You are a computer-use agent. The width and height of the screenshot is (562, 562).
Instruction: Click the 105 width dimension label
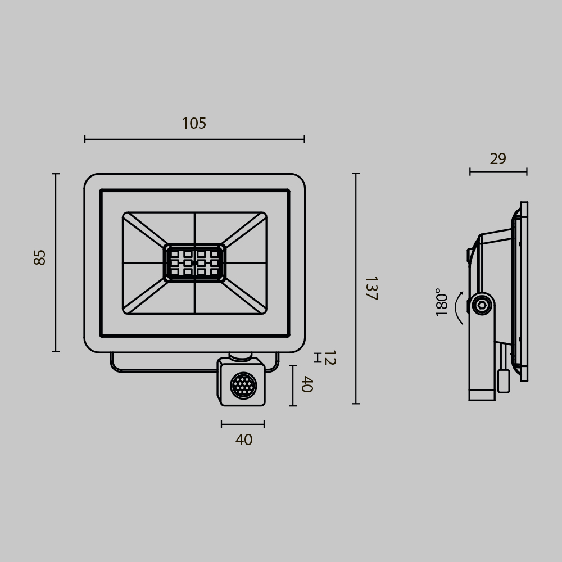tap(194, 124)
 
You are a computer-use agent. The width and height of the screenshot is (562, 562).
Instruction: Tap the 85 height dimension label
tap(40, 257)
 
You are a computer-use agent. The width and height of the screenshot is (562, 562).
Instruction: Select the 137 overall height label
tap(370, 288)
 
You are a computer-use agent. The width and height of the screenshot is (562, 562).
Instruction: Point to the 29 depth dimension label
tap(498, 159)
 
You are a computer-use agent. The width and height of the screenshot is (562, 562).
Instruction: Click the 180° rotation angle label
tap(442, 302)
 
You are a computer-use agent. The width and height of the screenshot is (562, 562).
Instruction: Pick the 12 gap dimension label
tap(329, 358)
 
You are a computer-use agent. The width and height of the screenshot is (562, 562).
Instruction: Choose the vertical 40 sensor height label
tap(306, 384)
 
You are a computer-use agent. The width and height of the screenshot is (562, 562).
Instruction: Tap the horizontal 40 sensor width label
tap(243, 440)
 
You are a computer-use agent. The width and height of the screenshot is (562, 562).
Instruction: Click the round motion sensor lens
tap(243, 386)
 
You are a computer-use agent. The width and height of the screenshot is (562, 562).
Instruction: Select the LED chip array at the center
tap(194, 263)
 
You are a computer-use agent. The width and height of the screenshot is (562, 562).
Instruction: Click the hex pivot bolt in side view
tap(482, 305)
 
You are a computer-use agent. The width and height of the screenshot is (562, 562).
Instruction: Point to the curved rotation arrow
tap(458, 308)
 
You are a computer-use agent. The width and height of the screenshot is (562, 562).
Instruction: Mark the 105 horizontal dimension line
tap(194, 139)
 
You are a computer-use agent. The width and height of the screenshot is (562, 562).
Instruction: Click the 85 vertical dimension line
tap(56, 262)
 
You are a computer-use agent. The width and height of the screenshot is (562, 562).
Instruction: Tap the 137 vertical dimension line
tap(356, 288)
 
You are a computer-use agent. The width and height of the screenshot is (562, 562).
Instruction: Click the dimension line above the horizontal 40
tap(243, 424)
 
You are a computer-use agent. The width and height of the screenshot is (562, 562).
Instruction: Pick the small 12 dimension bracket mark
tap(317, 358)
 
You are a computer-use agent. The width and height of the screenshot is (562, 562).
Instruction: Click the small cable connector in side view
tap(504, 381)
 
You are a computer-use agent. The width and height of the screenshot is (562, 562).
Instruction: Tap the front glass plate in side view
tap(524, 291)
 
